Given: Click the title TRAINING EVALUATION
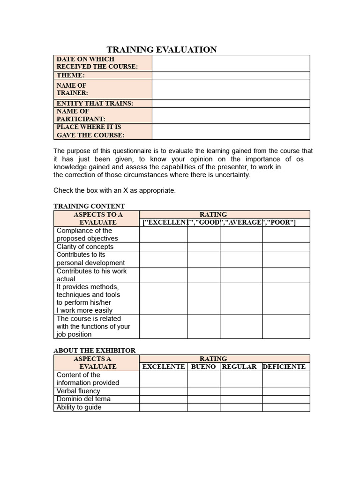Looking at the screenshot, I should pyautogui.click(x=162, y=50).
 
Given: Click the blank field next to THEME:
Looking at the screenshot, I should pyautogui.click(x=231, y=75).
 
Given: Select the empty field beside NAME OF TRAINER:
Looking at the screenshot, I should pyautogui.click(x=231, y=89).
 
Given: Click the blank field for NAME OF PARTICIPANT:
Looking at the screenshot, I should pyautogui.click(x=231, y=115).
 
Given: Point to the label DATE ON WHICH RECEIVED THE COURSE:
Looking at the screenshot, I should pyautogui.click(x=97, y=63).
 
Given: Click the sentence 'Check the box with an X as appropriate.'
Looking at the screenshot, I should pyautogui.click(x=114, y=190).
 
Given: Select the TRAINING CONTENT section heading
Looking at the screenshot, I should pyautogui.click(x=89, y=206).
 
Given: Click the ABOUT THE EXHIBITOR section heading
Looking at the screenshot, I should pyautogui.click(x=94, y=351).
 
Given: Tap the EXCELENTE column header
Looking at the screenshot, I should pyautogui.click(x=163, y=367).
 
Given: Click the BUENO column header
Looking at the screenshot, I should pyautogui.click(x=203, y=367).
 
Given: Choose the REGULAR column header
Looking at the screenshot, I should pyautogui.click(x=239, y=367).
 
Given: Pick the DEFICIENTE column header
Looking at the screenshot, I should pyautogui.click(x=284, y=367).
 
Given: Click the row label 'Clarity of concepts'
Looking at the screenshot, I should pyautogui.click(x=85, y=247).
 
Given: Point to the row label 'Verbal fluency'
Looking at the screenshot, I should pyautogui.click(x=78, y=391).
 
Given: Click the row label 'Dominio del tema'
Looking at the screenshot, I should pyautogui.click(x=83, y=399).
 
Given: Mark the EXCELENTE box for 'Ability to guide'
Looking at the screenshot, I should pyautogui.click(x=163, y=407).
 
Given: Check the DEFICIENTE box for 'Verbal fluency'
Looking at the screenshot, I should pyautogui.click(x=286, y=391).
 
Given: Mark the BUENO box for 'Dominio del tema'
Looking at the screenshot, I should pyautogui.click(x=203, y=399).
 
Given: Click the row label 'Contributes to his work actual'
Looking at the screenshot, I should pyautogui.click(x=91, y=275).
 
